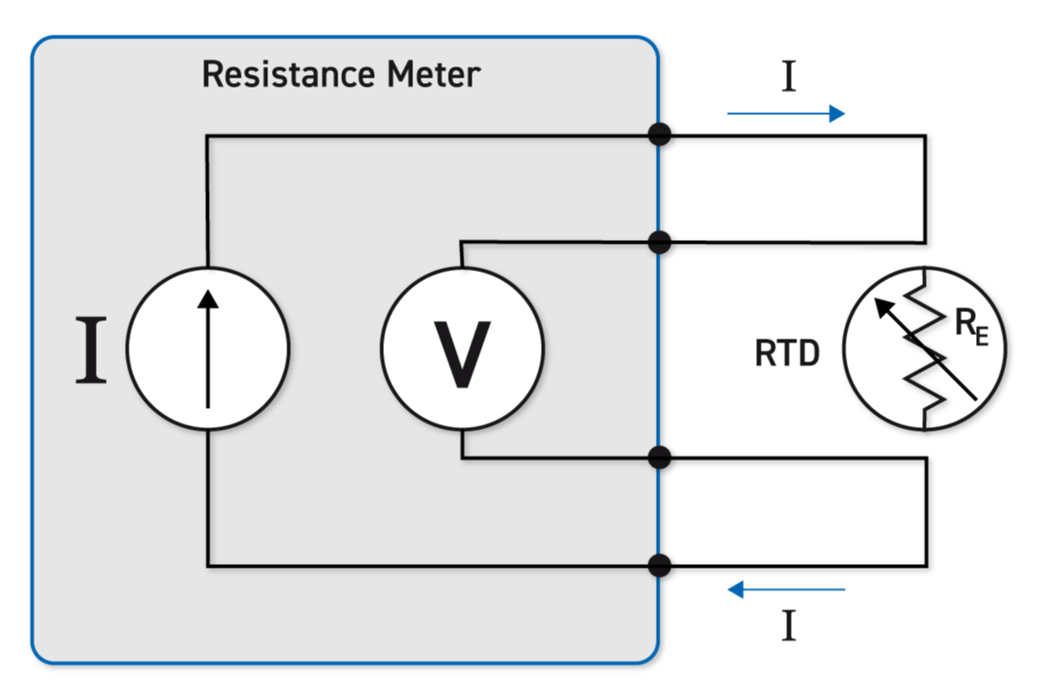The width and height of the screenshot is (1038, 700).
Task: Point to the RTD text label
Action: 787,354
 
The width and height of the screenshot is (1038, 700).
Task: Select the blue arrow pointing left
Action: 786,590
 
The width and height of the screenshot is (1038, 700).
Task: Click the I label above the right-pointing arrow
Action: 789,78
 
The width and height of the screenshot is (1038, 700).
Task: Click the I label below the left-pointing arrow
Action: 789,627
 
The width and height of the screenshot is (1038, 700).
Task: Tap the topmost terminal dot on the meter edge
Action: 659,134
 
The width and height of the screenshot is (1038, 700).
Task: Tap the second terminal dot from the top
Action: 659,242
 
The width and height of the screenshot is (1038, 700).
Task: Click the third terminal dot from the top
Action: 659,457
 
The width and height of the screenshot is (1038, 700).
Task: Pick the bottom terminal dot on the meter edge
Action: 659,565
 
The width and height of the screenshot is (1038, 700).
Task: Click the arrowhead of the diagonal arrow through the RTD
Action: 883,308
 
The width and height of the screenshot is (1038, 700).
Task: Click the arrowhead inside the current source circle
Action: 208,299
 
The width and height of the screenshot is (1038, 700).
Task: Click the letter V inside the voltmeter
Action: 462,354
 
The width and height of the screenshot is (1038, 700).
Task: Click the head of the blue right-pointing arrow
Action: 837,114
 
